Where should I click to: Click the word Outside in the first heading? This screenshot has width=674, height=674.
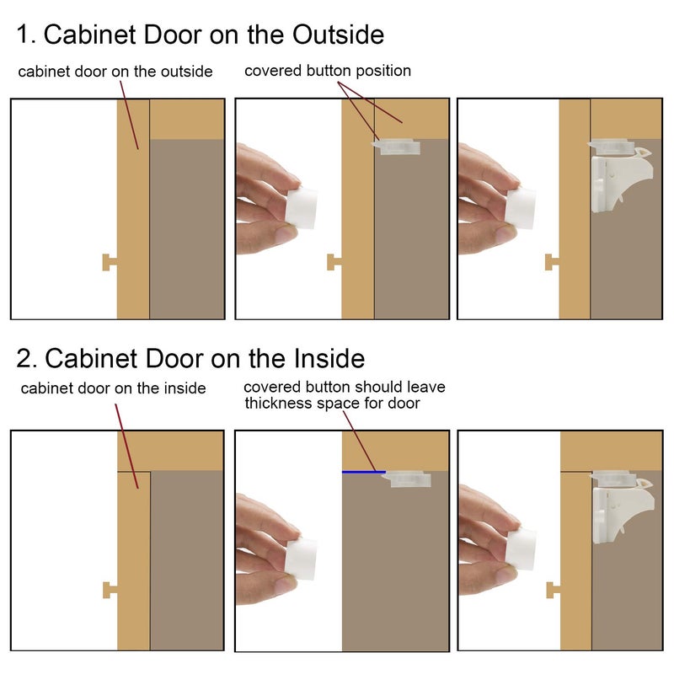(x=338, y=35)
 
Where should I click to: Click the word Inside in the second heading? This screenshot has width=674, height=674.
(x=329, y=358)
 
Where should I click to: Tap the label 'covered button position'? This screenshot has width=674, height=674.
(x=328, y=71)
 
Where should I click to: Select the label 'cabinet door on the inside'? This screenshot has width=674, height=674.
(x=113, y=388)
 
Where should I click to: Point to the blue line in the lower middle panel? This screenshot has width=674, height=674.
(x=364, y=472)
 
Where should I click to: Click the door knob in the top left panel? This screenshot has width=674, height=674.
(x=110, y=262)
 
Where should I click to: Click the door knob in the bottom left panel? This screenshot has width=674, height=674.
(x=110, y=590)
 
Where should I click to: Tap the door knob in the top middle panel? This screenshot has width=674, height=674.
(x=334, y=262)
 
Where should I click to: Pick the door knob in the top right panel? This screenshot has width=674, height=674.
(x=552, y=262)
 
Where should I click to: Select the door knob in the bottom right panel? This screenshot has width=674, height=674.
(x=553, y=590)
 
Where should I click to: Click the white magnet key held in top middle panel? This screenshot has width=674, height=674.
(x=302, y=208)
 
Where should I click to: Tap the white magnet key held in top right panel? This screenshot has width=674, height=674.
(x=521, y=208)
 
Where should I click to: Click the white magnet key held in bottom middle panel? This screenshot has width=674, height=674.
(x=302, y=558)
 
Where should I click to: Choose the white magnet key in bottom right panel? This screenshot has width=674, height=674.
(x=521, y=550)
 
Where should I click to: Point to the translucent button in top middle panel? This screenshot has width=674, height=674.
(x=395, y=147)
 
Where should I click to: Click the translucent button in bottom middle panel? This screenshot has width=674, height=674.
(x=406, y=479)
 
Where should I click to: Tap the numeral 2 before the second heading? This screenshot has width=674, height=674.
(x=24, y=358)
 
